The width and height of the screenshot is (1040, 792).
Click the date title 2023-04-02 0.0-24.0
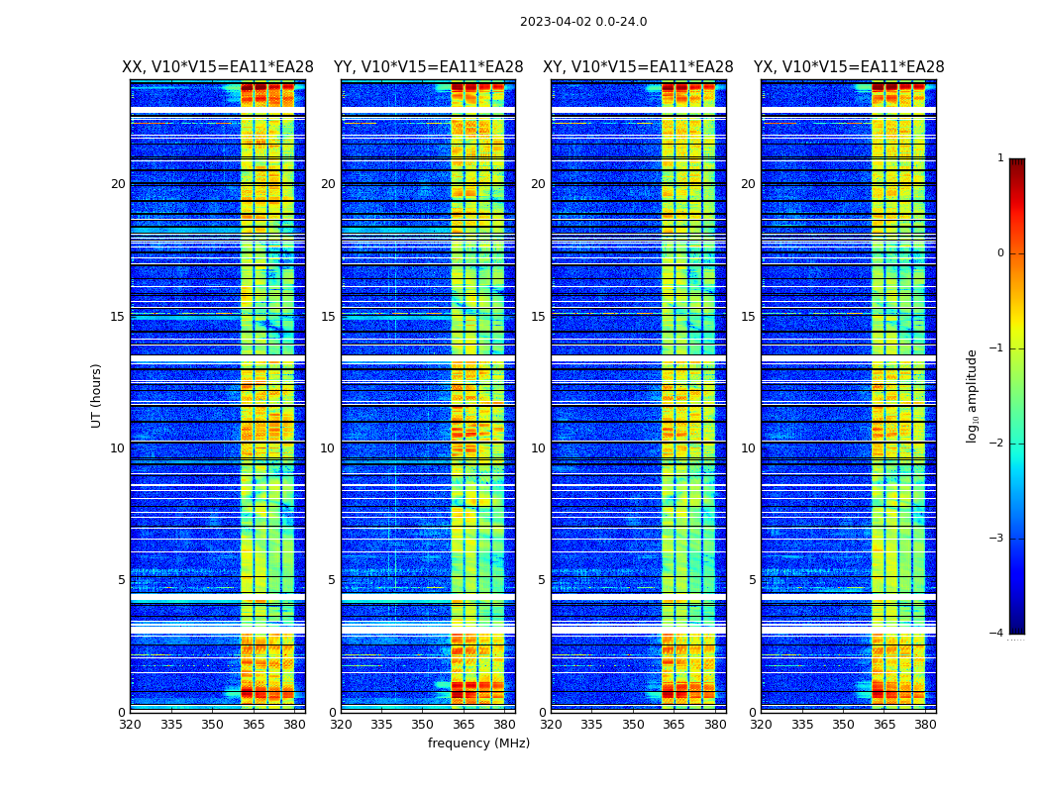coord(583,22)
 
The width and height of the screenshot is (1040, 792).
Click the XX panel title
coord(218,67)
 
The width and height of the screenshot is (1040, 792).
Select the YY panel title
coord(428,67)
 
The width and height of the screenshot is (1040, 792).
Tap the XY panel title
coord(638,67)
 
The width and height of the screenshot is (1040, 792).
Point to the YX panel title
coord(849,67)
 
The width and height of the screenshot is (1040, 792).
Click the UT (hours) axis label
coord(97,395)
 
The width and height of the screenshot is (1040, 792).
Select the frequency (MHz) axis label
coord(478,743)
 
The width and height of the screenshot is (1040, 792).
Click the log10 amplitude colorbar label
coord(973,395)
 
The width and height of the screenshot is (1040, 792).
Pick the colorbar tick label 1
coord(1000,158)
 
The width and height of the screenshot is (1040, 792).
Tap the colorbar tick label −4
coord(997,634)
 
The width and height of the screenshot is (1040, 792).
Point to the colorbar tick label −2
coord(997,444)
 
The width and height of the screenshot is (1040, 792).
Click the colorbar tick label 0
coord(1000,253)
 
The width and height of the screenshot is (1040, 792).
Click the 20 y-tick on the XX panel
coord(118,184)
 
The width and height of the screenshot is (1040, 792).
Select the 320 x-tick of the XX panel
coord(130,725)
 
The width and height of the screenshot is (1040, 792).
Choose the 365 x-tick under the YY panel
coord(464,725)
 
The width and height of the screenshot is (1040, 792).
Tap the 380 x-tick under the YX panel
coord(925,725)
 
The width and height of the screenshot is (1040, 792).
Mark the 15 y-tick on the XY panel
coord(538,317)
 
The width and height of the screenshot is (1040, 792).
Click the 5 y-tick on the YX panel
coord(752,580)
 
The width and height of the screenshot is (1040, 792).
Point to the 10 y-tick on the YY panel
coord(328,448)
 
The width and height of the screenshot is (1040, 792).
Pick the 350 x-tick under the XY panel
coord(633,725)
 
